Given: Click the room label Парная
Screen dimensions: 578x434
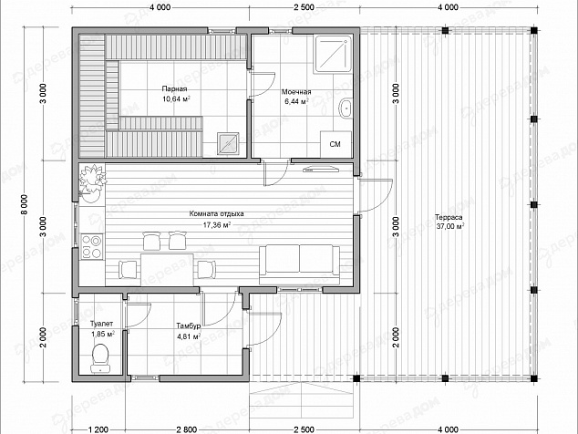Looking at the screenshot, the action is pos(174,88).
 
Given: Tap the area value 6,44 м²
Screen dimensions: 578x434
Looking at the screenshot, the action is pos(296,101).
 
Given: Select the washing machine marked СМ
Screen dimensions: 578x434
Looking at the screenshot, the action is pos(335,144).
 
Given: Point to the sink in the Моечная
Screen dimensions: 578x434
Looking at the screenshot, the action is pos(346,108).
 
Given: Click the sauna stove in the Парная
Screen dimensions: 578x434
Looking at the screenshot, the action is pos(228,143).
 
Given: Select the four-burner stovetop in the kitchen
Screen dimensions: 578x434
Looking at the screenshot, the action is pos(91,246).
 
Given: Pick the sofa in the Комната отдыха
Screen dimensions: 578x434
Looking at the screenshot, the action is pos(299,264).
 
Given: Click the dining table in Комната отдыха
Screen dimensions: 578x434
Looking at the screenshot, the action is pos(167,270).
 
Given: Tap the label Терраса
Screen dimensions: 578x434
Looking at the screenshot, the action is pos(449,217).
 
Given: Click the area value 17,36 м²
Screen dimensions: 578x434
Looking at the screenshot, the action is pos(217,225).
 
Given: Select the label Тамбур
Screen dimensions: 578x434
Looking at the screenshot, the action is pos(189,326).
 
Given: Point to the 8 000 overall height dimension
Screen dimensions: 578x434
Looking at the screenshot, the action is pos(25,206).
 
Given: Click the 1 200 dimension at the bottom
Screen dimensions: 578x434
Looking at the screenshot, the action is pos(98,429).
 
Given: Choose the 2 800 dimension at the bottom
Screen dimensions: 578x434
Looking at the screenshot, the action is pos(187,429).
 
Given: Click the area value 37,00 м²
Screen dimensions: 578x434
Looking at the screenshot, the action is pos(450,226).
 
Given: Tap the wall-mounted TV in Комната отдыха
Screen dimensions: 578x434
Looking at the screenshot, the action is pos(321,170).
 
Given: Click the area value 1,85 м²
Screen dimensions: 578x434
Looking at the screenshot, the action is pos(103,334).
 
